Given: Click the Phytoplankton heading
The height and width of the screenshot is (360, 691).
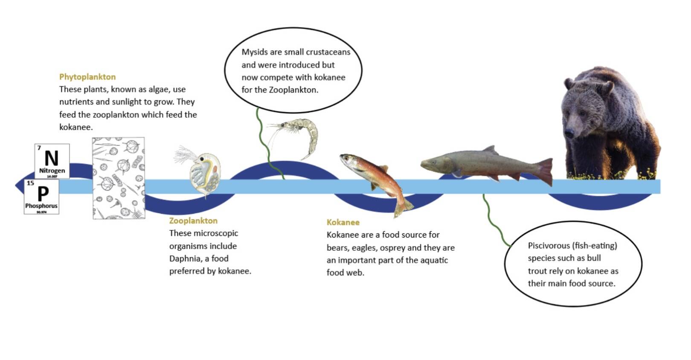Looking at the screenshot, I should coord(87,77).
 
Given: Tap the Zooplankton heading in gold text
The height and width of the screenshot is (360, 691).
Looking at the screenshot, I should coord(193,221).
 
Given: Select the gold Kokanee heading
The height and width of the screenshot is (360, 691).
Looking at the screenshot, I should coord(343,222).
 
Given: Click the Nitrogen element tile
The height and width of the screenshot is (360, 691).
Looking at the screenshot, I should coord(52,161).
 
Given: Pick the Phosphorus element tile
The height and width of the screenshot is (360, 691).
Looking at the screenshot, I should coord(41,197).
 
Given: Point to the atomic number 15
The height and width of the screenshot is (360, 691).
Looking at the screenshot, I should coord(30,183).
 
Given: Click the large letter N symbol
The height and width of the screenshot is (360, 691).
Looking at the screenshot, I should coord(52,158).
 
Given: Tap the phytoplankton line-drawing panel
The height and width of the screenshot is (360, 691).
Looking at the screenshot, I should coord(119,178).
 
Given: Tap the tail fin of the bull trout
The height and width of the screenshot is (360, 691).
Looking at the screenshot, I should coord(545,171).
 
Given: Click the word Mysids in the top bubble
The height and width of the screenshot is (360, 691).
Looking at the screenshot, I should coord(255,52).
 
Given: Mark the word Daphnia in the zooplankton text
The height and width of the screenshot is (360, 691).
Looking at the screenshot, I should coord(184,258).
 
